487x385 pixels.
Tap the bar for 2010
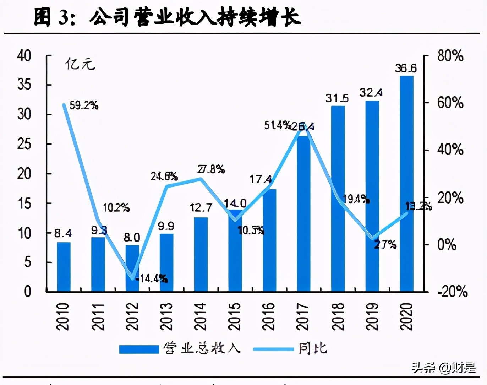[x=64, y=267]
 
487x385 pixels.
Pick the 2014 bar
[x=201, y=255]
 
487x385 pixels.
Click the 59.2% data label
[x=84, y=105]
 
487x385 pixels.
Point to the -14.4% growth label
[x=152, y=278]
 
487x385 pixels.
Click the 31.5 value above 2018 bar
[x=337, y=98]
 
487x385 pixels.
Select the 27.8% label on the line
[x=211, y=169]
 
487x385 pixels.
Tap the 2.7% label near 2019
[x=385, y=244]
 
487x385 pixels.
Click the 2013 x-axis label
[x=166, y=316]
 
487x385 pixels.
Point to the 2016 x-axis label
[x=269, y=316]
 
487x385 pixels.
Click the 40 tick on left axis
[x=24, y=56]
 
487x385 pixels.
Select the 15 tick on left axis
[x=24, y=204]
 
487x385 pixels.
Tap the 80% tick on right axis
[x=450, y=56]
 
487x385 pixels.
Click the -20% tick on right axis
[x=452, y=292]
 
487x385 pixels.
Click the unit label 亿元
[x=80, y=64]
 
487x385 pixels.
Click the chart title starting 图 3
[x=167, y=17]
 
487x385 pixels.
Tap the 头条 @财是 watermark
[x=443, y=368]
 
